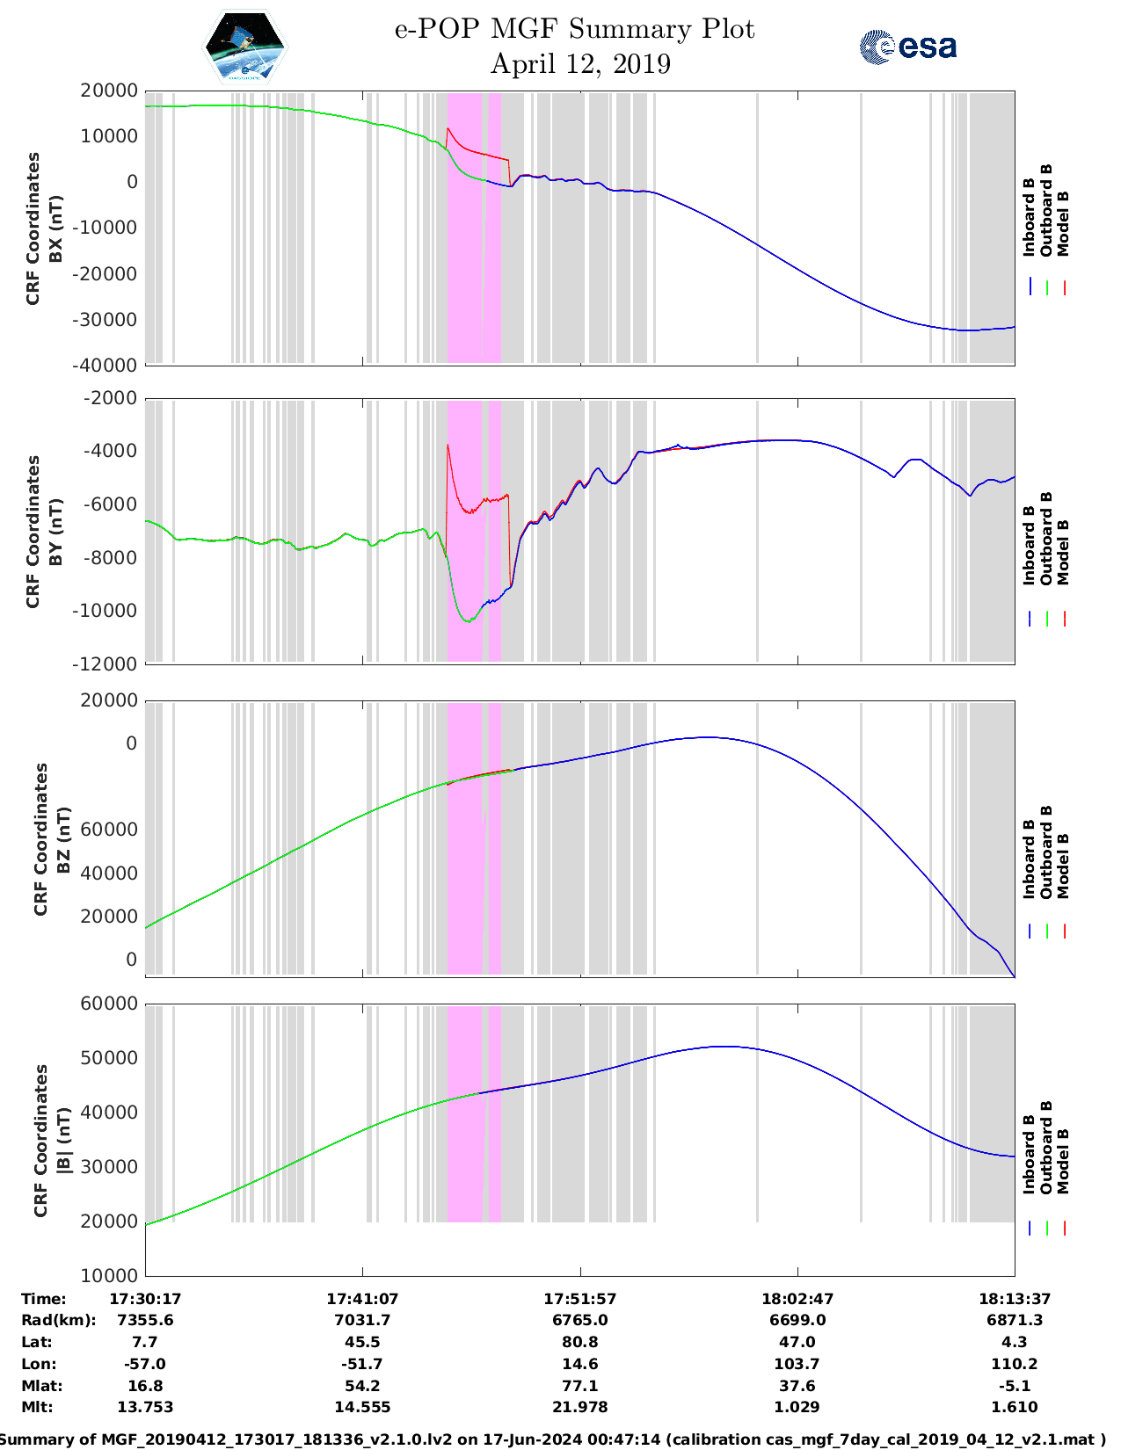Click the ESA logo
(907, 47)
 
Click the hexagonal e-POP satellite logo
(244, 46)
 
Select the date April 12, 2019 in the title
(579, 64)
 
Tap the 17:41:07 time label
(362, 1299)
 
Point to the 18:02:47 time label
(797, 1299)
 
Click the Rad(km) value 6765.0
(579, 1320)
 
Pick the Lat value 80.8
(579, 1342)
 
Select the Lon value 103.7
(797, 1364)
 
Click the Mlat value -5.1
(1015, 1386)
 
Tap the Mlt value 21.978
(579, 1407)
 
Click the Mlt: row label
(37, 1407)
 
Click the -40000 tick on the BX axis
(108, 365)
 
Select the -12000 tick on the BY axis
(108, 663)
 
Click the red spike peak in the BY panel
(448, 446)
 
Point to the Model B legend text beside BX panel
(1063, 223)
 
